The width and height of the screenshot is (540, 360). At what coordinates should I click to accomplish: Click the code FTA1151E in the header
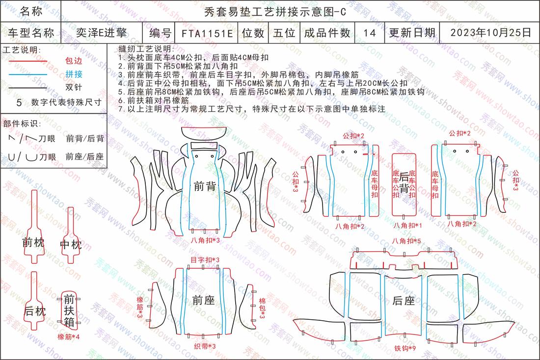207,33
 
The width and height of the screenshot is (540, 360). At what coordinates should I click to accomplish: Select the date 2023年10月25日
491,33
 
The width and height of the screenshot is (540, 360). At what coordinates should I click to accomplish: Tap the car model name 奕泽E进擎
101,33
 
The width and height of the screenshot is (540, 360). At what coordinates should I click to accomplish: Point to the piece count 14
369,33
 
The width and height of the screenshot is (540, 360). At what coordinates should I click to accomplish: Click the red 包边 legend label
74,61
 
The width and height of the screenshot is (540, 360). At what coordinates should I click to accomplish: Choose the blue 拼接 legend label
74,74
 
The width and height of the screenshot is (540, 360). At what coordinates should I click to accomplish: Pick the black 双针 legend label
74,87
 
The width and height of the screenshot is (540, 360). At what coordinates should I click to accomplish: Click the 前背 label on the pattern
205,186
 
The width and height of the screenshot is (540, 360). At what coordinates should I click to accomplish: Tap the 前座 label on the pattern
204,301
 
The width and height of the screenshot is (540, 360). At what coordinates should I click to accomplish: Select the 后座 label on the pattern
404,301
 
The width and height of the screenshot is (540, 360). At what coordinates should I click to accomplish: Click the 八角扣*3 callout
205,240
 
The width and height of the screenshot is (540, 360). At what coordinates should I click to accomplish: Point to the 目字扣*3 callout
205,260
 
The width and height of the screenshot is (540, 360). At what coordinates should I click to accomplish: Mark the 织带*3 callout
205,346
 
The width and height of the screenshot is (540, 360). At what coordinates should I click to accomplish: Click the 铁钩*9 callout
405,348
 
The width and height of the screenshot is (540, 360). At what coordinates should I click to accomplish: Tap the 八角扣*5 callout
406,241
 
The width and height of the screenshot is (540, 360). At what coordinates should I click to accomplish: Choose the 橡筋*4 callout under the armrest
69,336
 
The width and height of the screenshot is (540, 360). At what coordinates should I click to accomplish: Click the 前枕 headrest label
33,243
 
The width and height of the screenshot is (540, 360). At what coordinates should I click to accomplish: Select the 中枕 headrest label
71,245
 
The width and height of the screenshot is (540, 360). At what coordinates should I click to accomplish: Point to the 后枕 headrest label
35,311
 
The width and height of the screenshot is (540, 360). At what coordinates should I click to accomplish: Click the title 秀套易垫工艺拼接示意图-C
275,12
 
